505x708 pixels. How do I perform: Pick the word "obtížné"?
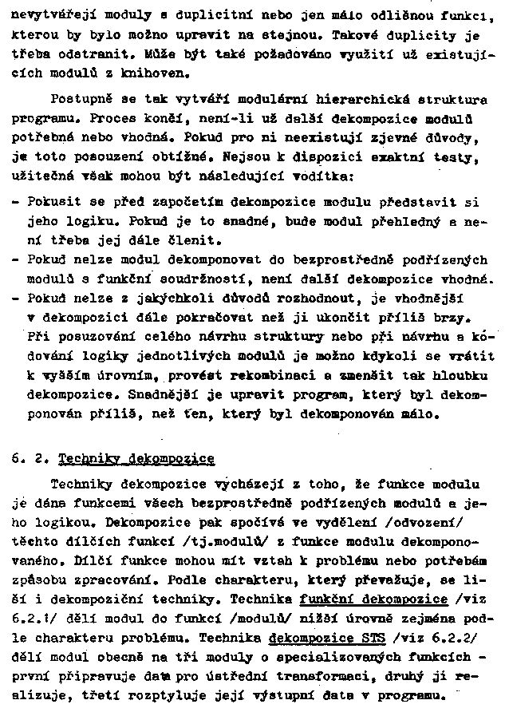tap(180, 157)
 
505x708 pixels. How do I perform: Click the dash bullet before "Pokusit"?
tap(17, 203)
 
